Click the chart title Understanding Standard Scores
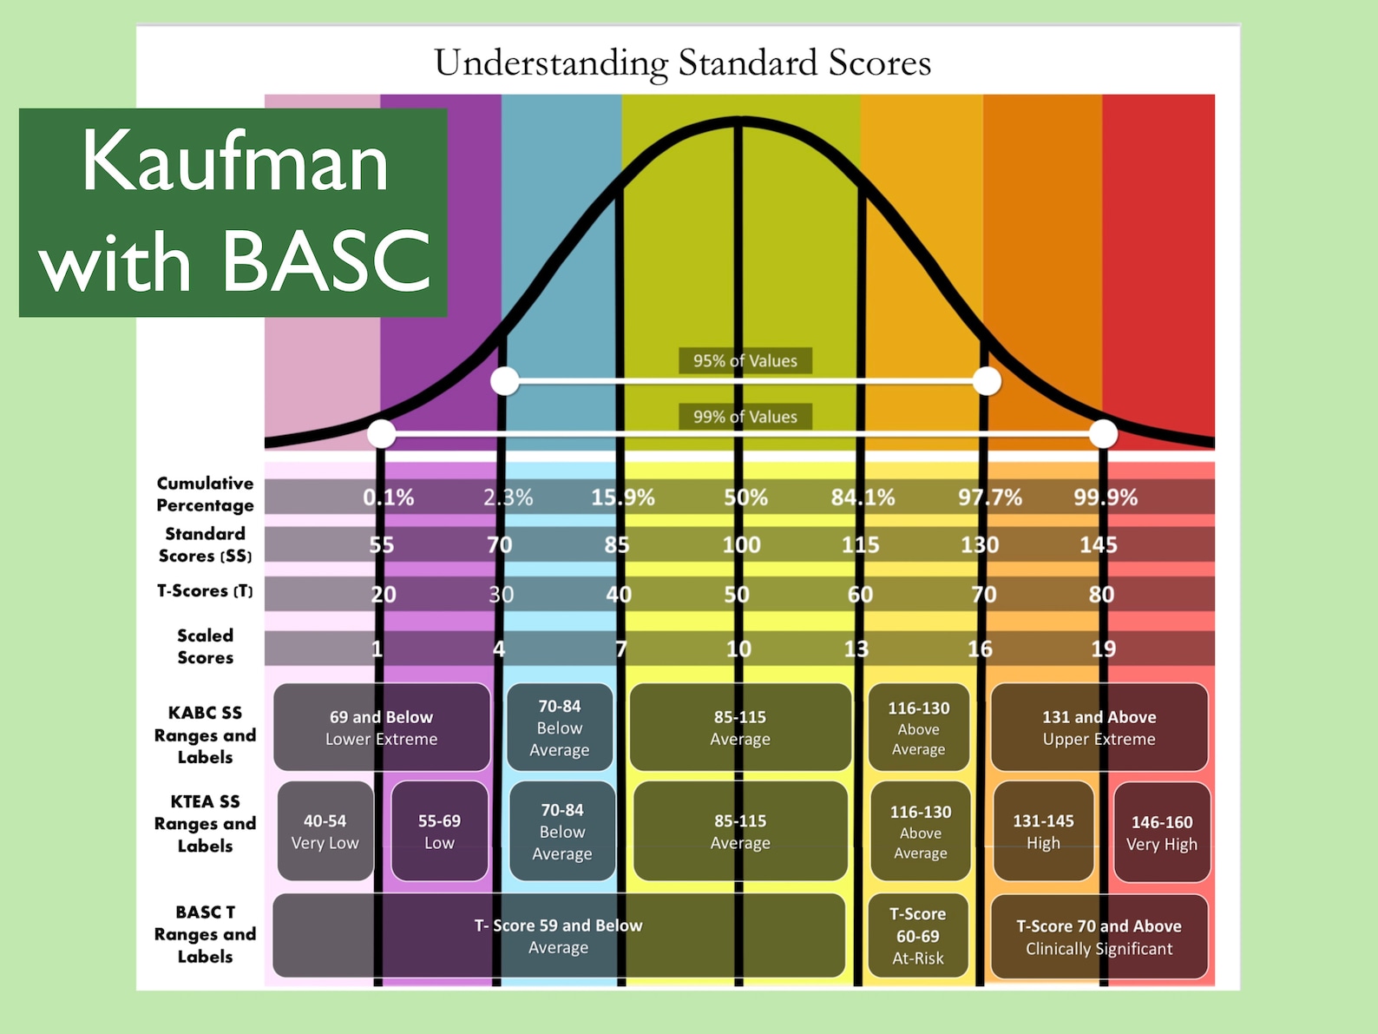pos(682,63)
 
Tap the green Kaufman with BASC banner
pos(233,212)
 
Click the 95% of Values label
pos(745,361)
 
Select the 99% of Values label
pos(745,417)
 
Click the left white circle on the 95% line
pos(505,380)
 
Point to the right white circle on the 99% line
pos(1103,433)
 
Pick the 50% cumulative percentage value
pos(745,497)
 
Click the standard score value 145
pos(1098,545)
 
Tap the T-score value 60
pos(860,595)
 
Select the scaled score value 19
pos(1103,649)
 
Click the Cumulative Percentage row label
pos(205,494)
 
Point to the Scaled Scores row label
pos(205,647)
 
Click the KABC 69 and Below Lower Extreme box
pos(382,728)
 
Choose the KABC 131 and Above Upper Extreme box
pos(1099,728)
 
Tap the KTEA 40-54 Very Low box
pos(325,831)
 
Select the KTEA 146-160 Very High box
pos(1161,833)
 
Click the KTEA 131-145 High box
pos(1043,831)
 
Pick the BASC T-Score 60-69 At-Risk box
pos(918,936)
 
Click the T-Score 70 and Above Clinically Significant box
pos(1099,937)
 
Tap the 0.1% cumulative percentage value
pos(388,497)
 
